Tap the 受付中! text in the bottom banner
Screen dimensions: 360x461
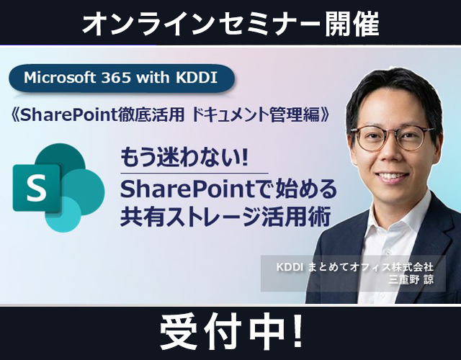tap(231, 332)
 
